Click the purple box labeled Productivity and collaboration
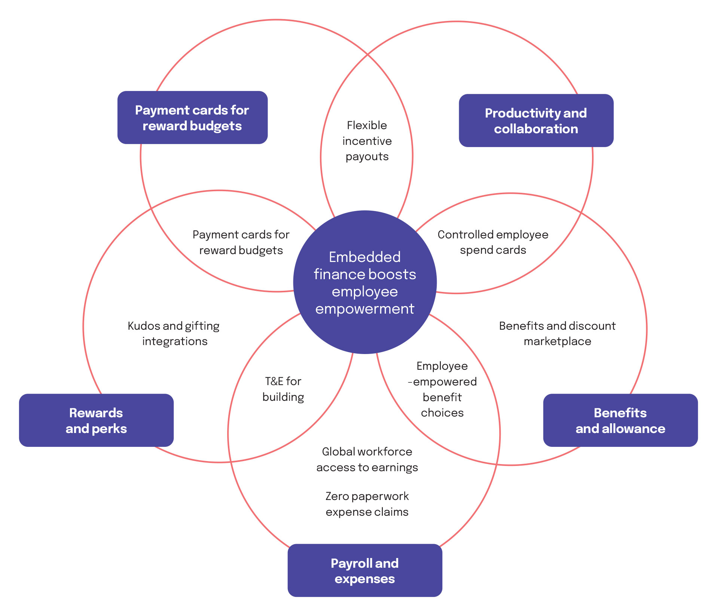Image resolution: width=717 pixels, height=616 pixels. click(x=536, y=121)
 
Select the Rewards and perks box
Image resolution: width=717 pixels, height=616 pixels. click(x=96, y=420)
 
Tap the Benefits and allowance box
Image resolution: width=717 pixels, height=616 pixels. click(x=620, y=420)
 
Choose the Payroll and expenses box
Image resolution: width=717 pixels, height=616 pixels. click(x=364, y=571)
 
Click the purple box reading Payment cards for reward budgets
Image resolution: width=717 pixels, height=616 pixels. click(x=192, y=118)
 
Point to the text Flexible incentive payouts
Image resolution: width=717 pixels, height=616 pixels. click(x=367, y=141)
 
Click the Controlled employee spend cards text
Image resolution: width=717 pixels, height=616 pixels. click(x=493, y=242)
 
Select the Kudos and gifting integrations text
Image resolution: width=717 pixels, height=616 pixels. click(x=174, y=333)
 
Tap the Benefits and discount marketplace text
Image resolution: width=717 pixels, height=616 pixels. click(x=557, y=333)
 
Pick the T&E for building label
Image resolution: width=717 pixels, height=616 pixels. click(x=283, y=389)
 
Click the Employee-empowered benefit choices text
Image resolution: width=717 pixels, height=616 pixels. click(x=442, y=389)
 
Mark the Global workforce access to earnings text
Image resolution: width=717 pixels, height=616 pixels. click(x=367, y=460)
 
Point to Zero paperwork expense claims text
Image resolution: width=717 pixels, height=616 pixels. click(x=367, y=504)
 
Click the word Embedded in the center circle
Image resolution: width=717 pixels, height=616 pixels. click(x=364, y=257)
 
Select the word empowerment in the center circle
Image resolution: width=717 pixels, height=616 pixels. click(x=364, y=309)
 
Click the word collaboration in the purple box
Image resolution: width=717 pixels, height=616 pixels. click(x=536, y=129)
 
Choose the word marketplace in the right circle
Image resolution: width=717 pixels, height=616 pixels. click(x=557, y=341)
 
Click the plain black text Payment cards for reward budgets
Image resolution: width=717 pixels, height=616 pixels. click(x=241, y=242)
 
